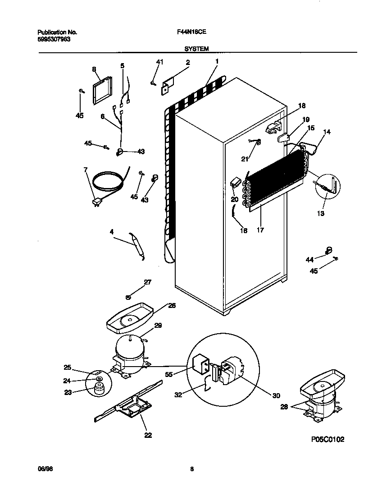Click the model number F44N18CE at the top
pos(191,32)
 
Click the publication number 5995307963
pos(54,39)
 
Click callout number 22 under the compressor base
pos(148,435)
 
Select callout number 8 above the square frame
pos(94,69)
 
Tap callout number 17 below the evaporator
pos(260,230)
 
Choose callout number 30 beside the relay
pos(276,395)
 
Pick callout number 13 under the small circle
pos(321,213)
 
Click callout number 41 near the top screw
pos(159,62)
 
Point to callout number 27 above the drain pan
pos(147,282)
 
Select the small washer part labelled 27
pos(128,297)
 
